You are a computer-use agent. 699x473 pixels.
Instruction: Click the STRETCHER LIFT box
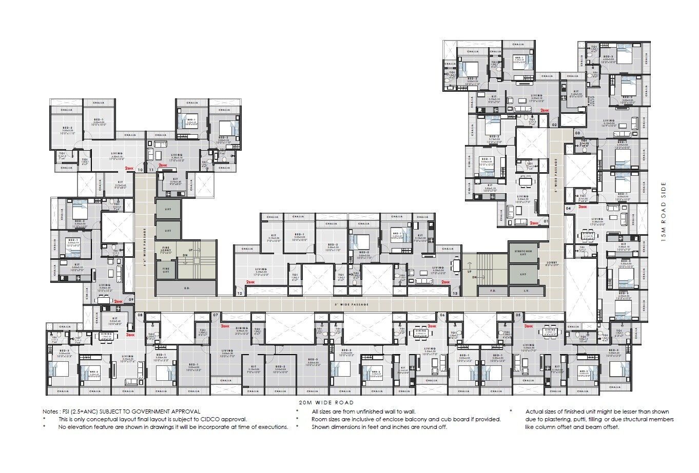pos(523,253)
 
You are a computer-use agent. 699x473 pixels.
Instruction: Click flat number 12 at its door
pos(240,294)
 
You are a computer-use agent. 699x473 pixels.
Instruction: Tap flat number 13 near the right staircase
pos(455,294)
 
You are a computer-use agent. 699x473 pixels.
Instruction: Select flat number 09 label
pos(131,300)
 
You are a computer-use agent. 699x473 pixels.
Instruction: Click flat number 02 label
pos(554,125)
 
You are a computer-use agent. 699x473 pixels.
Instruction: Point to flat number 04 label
pos(568,209)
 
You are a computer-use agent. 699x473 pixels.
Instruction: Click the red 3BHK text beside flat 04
pos(582,207)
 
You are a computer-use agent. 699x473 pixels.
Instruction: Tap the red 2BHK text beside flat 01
pos(534,223)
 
